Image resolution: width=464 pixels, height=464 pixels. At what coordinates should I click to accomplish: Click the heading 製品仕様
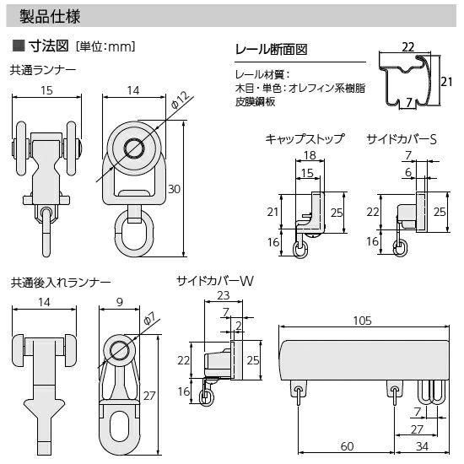[x=50, y=16]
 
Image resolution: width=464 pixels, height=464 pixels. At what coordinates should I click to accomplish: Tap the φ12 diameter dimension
[x=180, y=100]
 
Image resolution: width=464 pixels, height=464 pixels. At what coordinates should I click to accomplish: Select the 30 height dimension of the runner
[x=174, y=189]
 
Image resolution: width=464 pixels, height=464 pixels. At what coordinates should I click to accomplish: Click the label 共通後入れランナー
[x=61, y=283]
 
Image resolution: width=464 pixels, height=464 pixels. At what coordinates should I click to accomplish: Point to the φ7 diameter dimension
[x=148, y=319]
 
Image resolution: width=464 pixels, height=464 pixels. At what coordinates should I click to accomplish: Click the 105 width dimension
[x=362, y=321]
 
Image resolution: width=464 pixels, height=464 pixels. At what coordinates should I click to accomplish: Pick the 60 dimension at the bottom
[x=347, y=446]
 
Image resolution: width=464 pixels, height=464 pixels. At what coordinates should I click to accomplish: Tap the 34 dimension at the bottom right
[x=422, y=446]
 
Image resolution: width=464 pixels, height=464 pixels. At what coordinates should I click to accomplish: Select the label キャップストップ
[x=305, y=139]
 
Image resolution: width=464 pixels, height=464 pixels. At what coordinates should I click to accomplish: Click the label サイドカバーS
[x=402, y=139]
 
